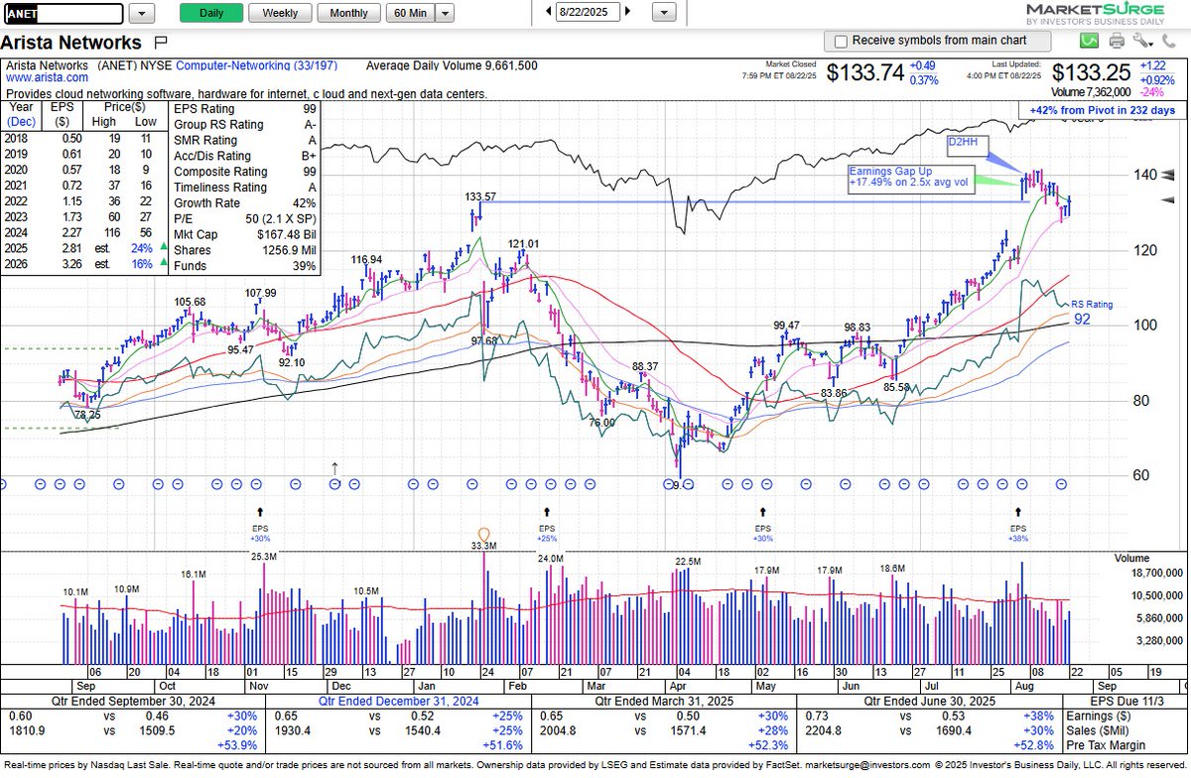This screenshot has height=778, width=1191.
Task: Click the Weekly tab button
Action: (280, 13)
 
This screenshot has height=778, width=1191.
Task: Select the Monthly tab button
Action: (348, 13)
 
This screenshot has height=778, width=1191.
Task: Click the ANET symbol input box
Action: (64, 14)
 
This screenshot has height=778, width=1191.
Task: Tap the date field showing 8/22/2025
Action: (589, 13)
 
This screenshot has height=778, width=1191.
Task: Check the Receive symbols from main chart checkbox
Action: (842, 42)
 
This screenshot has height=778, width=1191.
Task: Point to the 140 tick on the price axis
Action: (1145, 175)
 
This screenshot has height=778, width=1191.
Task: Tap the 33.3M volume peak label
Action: (484, 546)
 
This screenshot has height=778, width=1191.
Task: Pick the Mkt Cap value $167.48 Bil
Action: (286, 234)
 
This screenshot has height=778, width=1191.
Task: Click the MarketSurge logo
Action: (1111, 13)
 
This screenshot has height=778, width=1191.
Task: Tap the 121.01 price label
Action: (523, 243)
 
